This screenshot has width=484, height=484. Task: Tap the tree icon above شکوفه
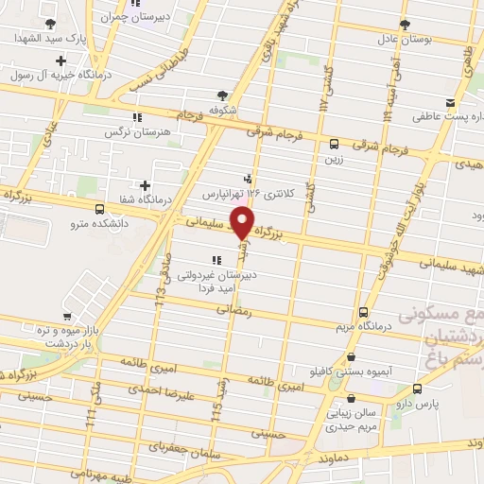coord(222,95)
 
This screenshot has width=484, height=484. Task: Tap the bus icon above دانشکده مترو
coord(100,210)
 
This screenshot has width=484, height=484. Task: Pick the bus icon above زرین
coord(334,144)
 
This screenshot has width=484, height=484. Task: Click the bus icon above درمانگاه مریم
coord(364,312)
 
